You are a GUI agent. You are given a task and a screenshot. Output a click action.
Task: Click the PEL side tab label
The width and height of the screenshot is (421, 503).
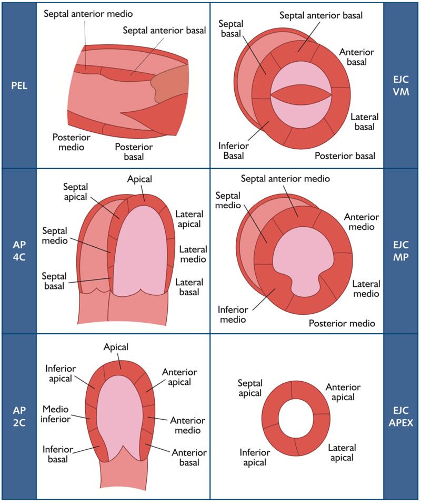tap(19, 85)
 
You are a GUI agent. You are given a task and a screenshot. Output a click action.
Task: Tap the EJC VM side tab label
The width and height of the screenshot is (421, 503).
tap(401, 85)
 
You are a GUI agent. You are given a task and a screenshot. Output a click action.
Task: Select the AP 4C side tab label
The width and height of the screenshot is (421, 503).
tap(19, 251)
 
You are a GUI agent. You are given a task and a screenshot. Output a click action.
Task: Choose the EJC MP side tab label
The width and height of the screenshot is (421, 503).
tap(401, 251)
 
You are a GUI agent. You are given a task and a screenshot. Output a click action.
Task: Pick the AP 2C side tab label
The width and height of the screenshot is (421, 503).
tap(19, 417)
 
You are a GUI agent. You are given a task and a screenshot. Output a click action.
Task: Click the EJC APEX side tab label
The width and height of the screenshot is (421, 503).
tap(401, 417)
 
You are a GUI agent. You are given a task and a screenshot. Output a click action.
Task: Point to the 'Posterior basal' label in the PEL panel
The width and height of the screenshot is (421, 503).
tap(134, 152)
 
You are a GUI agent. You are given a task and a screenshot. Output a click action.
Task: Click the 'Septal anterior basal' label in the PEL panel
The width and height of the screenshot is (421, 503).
tap(164, 31)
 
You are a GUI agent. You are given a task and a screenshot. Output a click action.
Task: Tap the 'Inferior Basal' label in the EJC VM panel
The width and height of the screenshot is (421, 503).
tap(233, 151)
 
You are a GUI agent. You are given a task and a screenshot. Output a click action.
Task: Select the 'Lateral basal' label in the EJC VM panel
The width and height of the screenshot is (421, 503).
tap(364, 122)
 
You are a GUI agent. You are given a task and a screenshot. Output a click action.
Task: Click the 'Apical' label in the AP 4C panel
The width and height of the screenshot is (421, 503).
tap(139, 179)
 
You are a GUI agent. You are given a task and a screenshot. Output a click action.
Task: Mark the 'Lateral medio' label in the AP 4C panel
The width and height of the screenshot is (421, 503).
tap(193, 254)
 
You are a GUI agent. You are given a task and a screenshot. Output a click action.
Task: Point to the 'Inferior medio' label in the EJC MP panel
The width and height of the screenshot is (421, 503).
tap(233, 314)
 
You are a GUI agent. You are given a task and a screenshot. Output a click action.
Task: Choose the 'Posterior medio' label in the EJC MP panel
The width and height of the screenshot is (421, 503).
tap(342, 323)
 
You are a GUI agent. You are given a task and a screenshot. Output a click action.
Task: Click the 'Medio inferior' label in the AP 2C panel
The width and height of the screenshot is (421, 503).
tap(55, 414)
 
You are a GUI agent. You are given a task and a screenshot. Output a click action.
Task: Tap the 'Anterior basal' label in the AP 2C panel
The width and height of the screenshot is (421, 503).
tap(189, 457)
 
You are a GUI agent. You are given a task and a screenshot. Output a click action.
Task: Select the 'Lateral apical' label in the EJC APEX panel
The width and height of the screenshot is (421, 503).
tap(342, 452)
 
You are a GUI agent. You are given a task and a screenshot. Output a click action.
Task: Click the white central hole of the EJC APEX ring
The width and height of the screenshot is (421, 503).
tap(296, 418)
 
